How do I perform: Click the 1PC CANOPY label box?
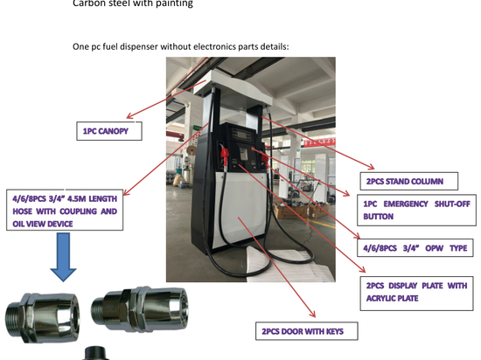[x=109, y=131]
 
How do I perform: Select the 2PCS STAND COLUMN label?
[x=409, y=182]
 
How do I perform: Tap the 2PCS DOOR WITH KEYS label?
[x=306, y=331]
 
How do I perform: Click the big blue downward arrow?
[x=64, y=257]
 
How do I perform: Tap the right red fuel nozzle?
[x=264, y=158]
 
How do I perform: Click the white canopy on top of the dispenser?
[x=234, y=89]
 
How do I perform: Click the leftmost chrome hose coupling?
[x=41, y=317]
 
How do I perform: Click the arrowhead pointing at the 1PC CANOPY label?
[x=129, y=116]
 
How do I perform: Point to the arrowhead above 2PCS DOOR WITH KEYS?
[x=312, y=314]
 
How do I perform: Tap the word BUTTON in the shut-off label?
[x=378, y=217]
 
